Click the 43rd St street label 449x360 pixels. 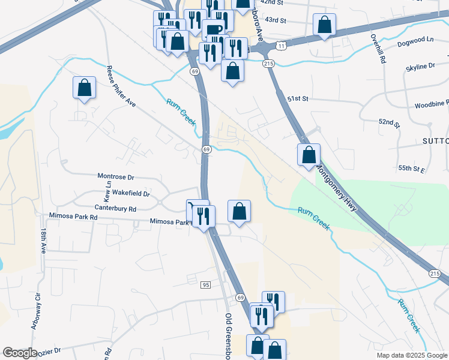click(x=276, y=20)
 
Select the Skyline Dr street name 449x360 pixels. click(x=421, y=65)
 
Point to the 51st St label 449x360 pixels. click(x=297, y=98)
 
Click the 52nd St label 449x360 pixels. click(x=389, y=122)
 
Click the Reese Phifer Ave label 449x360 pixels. click(x=121, y=86)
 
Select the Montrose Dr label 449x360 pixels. click(x=116, y=176)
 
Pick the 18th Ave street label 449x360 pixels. click(x=44, y=240)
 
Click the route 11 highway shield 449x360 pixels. click(x=280, y=46)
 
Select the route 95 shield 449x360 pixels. click(x=205, y=284)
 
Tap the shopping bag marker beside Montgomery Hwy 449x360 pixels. click(x=309, y=155)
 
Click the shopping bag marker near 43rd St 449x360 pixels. click(x=324, y=25)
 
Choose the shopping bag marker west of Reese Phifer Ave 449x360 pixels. click(x=84, y=88)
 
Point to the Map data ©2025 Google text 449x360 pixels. click(x=411, y=355)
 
